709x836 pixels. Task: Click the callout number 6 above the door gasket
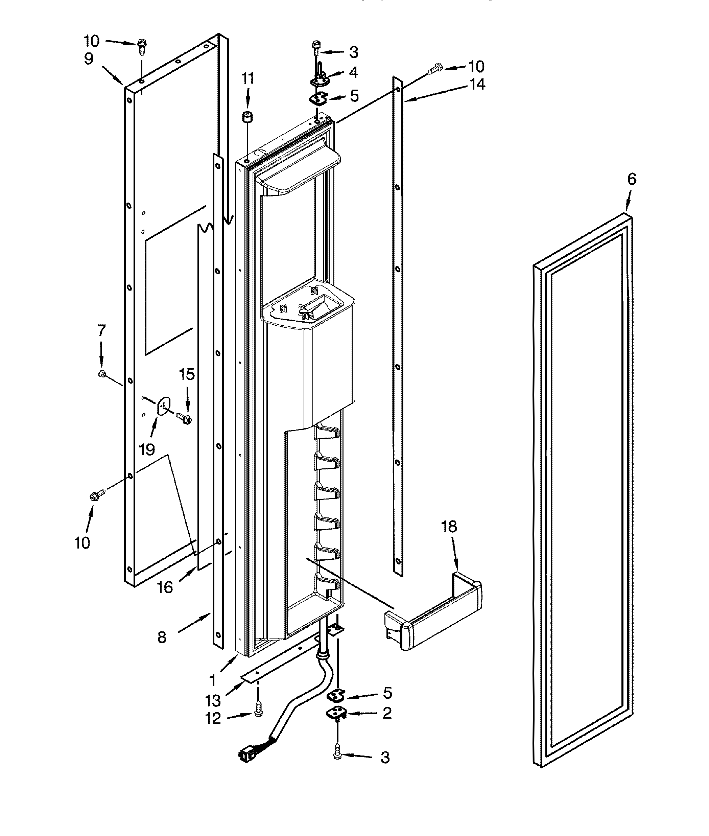(x=632, y=179)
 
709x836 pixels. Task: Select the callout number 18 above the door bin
(x=449, y=527)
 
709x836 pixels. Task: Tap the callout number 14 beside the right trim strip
(x=477, y=85)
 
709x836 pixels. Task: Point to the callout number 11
(x=248, y=78)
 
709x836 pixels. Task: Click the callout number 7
(x=101, y=330)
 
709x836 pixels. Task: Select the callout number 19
(x=147, y=449)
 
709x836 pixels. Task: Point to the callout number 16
(x=165, y=588)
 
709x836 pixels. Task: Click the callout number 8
(x=162, y=637)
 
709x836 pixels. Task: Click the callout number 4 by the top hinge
(x=353, y=73)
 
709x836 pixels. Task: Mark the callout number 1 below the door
(x=213, y=680)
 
